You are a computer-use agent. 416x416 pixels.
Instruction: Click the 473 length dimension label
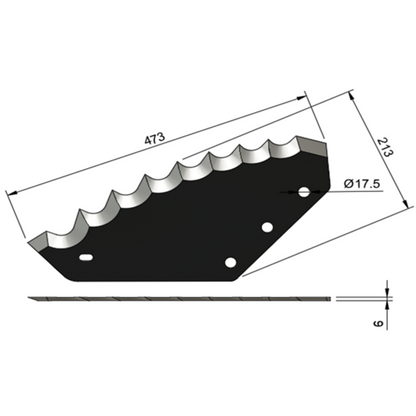point(155,138)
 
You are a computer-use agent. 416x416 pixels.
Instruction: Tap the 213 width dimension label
point(385,148)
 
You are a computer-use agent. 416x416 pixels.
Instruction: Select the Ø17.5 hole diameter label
point(362,184)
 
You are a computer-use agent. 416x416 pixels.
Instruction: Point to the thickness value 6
point(378,323)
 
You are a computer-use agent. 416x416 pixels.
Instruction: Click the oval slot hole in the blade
point(86,257)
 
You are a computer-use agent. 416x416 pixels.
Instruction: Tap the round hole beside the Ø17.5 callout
point(304,192)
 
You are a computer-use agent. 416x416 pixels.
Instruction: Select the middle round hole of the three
point(267,227)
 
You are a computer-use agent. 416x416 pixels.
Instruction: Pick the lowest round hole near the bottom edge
point(230,262)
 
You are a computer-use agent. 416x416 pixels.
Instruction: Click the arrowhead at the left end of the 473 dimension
point(11,193)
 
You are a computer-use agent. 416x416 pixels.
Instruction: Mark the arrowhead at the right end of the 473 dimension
point(301,98)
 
